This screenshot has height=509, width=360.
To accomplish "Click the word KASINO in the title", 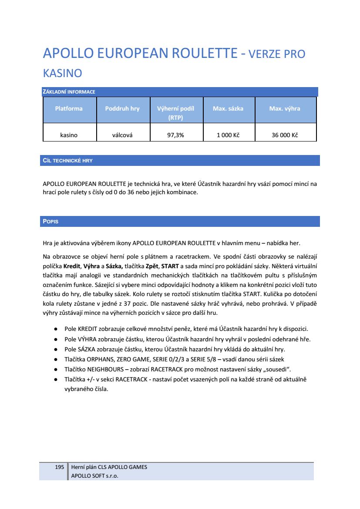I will (62, 73).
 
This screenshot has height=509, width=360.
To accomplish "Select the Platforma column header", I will (69, 108).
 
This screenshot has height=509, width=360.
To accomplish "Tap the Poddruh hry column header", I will (122, 108).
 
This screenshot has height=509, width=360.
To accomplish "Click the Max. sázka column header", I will (228, 108).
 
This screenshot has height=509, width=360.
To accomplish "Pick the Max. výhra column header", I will (285, 108).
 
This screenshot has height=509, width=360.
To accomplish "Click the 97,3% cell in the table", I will (175, 135).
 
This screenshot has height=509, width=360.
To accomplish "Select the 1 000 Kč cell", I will (228, 135).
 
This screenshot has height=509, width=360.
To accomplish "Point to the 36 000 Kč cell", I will (285, 135).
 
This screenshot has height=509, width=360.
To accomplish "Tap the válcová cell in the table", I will (122, 135).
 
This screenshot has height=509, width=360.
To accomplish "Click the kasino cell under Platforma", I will (69, 135).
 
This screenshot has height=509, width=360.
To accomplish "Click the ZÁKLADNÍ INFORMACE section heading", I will (69, 92).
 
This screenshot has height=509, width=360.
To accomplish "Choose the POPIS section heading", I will (50, 222).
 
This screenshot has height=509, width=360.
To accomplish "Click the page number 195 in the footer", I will (59, 467).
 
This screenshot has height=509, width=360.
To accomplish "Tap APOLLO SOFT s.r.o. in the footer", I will (94, 475).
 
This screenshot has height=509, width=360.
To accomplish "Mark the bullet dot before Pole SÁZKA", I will (56, 349).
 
